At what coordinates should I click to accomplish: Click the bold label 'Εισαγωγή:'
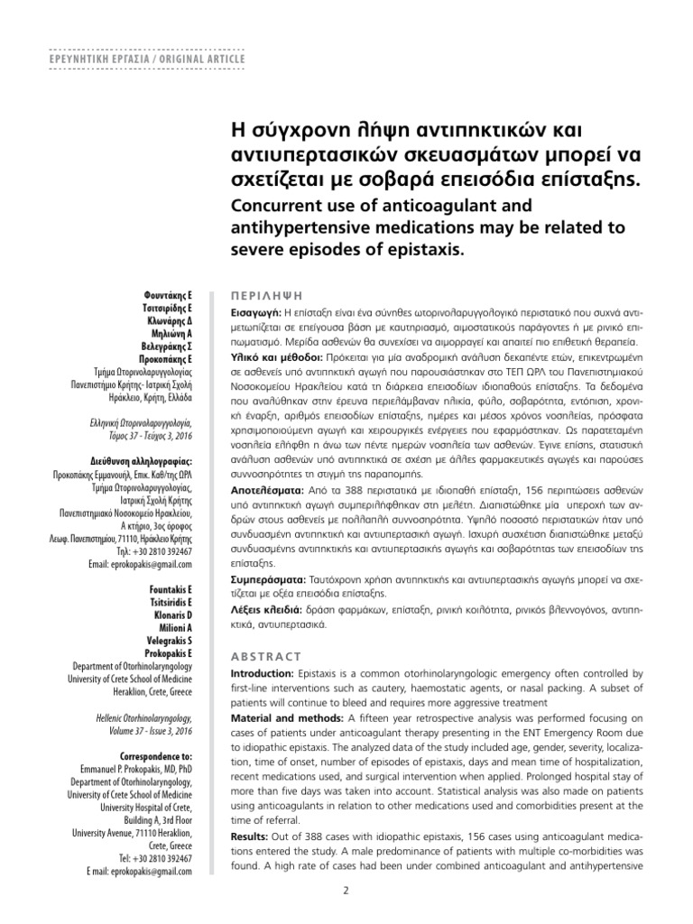[x=256, y=310]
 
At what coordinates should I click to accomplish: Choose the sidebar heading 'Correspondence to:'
[x=156, y=753]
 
